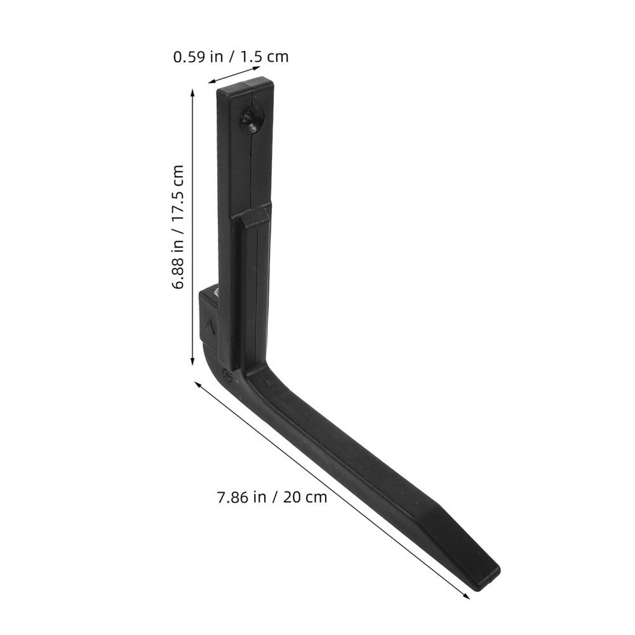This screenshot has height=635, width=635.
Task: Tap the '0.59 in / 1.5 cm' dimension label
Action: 231,57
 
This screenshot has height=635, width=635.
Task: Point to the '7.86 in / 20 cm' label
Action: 272,497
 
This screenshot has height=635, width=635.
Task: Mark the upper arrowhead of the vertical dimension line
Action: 193,94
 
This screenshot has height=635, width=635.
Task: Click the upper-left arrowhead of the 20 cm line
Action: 199,384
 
